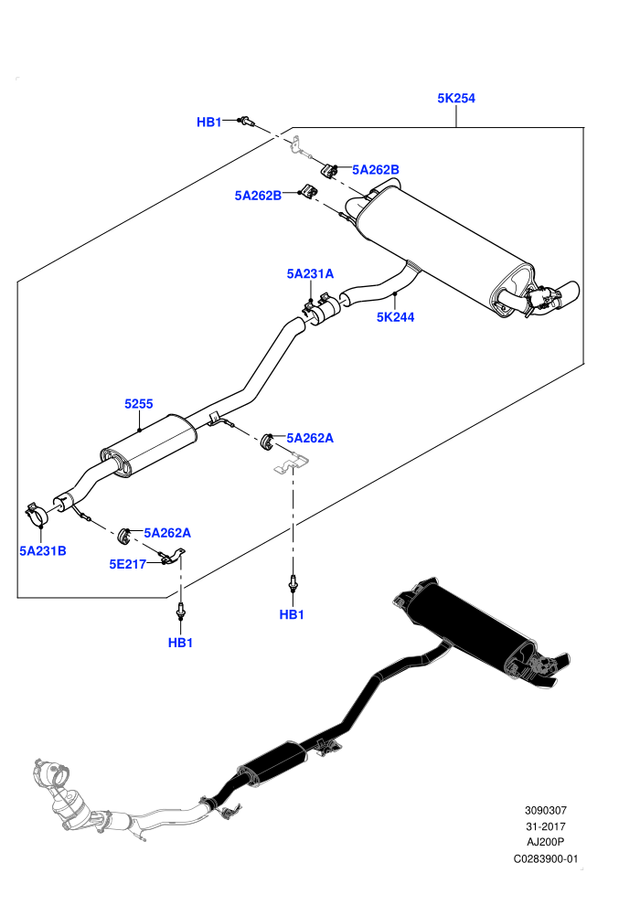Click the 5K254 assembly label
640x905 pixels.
(x=456, y=99)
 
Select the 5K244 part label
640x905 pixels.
(x=395, y=317)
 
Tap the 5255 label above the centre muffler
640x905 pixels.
(x=139, y=404)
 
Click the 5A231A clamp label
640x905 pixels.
(x=311, y=273)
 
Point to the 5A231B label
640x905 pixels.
(x=43, y=551)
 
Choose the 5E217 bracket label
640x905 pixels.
(x=127, y=564)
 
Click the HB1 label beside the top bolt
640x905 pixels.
(x=208, y=122)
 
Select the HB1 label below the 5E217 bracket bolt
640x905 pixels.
(x=180, y=643)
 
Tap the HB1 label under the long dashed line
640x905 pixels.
(x=292, y=615)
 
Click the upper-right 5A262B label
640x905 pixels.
(x=376, y=170)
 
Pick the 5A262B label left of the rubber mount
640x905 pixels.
(x=258, y=196)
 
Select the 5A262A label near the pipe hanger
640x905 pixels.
(x=310, y=439)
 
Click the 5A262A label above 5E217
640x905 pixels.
(x=167, y=533)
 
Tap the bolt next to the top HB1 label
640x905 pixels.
(x=247, y=122)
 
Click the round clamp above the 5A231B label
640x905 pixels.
(x=38, y=514)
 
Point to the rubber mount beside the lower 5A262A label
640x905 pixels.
(x=123, y=536)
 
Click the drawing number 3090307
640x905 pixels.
(x=545, y=811)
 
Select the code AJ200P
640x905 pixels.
(x=545, y=843)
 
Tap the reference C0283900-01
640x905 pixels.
(x=545, y=859)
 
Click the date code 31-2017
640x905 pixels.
(x=545, y=827)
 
